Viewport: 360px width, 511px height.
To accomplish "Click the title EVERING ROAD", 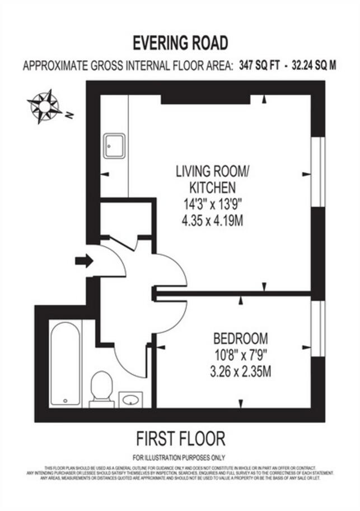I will tap(180, 43).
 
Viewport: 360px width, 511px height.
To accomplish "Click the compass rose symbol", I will tap(44, 106).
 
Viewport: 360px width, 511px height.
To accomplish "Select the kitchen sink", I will tap(114, 146).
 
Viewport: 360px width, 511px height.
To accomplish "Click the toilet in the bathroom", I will tap(101, 387).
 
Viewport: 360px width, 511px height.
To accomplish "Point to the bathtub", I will tap(66, 363).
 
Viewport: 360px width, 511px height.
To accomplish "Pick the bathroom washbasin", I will tap(130, 399).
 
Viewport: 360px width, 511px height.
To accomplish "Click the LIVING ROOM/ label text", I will tap(210, 171).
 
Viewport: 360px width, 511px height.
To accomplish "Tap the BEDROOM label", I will tap(240, 338).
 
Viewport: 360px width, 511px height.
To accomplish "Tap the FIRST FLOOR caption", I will tap(180, 439).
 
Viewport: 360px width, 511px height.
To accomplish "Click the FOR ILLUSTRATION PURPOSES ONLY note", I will tap(180, 457).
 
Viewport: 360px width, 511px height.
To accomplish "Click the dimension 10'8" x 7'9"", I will tap(240, 355).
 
